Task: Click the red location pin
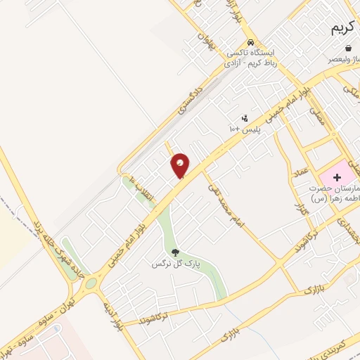[x=181, y=165]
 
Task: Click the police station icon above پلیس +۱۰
[x=245, y=118]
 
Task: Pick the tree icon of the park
[x=175, y=252]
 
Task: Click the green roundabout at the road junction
[x=91, y=283]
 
